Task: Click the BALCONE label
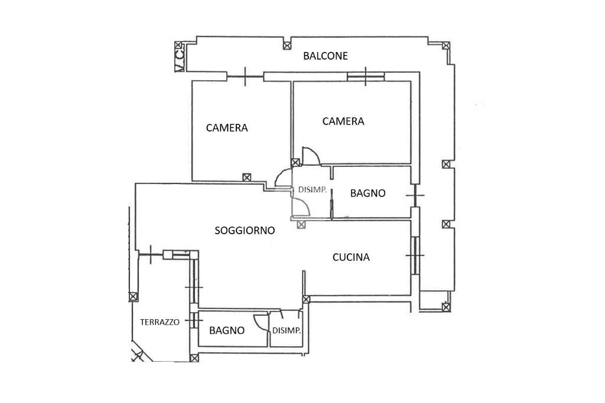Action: [325, 56]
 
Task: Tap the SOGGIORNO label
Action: [244, 230]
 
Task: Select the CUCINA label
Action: [351, 257]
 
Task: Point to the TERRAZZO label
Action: [160, 322]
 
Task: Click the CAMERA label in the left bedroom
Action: [226, 127]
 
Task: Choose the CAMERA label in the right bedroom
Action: [343, 121]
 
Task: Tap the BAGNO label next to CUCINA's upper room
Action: [367, 193]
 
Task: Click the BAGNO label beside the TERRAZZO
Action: [226, 330]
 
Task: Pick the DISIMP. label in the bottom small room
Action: [287, 330]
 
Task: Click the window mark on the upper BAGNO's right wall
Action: [415, 194]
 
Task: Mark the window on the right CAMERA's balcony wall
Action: [365, 76]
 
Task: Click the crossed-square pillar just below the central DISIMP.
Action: [301, 224]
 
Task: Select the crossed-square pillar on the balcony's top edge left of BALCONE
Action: [287, 45]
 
